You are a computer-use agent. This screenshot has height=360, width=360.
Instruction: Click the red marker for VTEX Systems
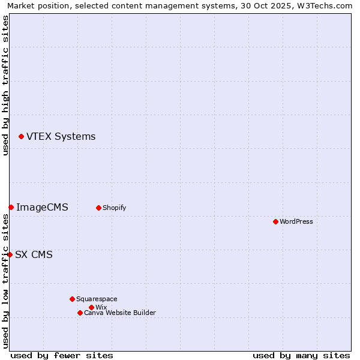click(21, 137)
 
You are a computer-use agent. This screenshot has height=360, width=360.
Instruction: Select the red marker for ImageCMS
click(11, 207)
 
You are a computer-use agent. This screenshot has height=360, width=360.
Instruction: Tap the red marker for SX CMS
click(10, 254)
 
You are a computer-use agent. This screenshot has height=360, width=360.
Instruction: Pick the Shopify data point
click(98, 208)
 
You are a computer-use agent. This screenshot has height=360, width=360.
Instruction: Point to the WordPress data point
click(275, 221)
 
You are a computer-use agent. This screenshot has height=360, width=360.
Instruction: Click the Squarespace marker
click(72, 299)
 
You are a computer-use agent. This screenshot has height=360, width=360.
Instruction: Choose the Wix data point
click(91, 307)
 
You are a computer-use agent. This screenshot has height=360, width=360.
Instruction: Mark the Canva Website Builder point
click(80, 313)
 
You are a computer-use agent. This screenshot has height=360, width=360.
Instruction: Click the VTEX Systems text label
click(61, 137)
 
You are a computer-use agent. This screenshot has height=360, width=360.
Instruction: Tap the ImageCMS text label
click(42, 208)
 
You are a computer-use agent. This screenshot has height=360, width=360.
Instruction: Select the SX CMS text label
click(34, 255)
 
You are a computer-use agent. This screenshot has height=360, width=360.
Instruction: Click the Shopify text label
click(114, 208)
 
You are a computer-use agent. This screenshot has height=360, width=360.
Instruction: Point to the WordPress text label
click(296, 222)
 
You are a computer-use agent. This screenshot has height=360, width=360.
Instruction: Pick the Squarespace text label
click(97, 299)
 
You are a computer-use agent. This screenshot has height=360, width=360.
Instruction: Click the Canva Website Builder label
click(120, 313)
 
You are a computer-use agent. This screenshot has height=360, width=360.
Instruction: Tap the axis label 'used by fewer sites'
click(62, 355)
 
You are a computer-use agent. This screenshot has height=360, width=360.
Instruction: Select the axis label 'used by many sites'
click(301, 355)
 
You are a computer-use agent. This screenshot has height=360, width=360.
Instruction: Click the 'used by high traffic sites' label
click(5, 85)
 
